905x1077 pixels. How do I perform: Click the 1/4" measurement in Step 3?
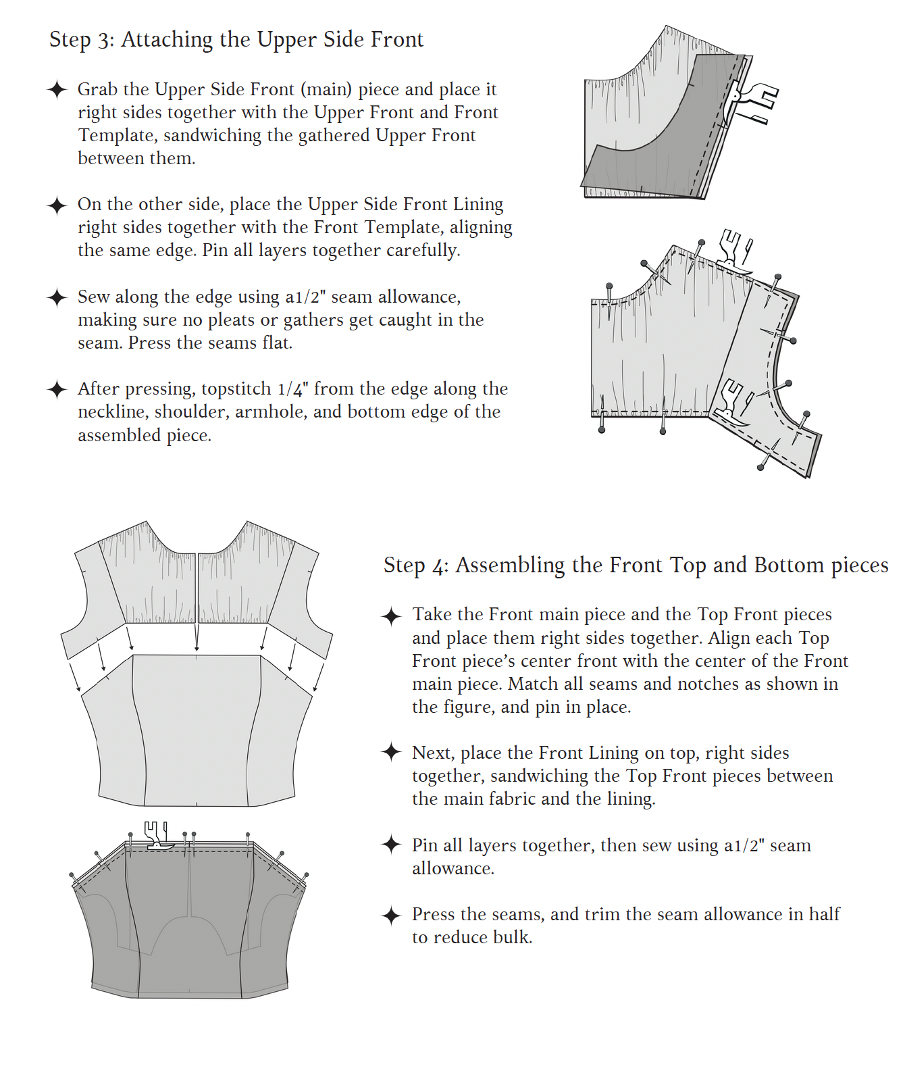coord(293,389)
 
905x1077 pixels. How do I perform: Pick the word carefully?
coord(425,251)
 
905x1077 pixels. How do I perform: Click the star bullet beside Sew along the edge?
coord(57,297)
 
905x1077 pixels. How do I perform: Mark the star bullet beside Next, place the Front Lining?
coord(392,752)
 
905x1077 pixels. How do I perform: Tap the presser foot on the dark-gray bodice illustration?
coord(157,835)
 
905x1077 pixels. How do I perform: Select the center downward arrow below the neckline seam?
coord(197,638)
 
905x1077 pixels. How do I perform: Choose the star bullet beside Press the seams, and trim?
coord(392,916)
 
